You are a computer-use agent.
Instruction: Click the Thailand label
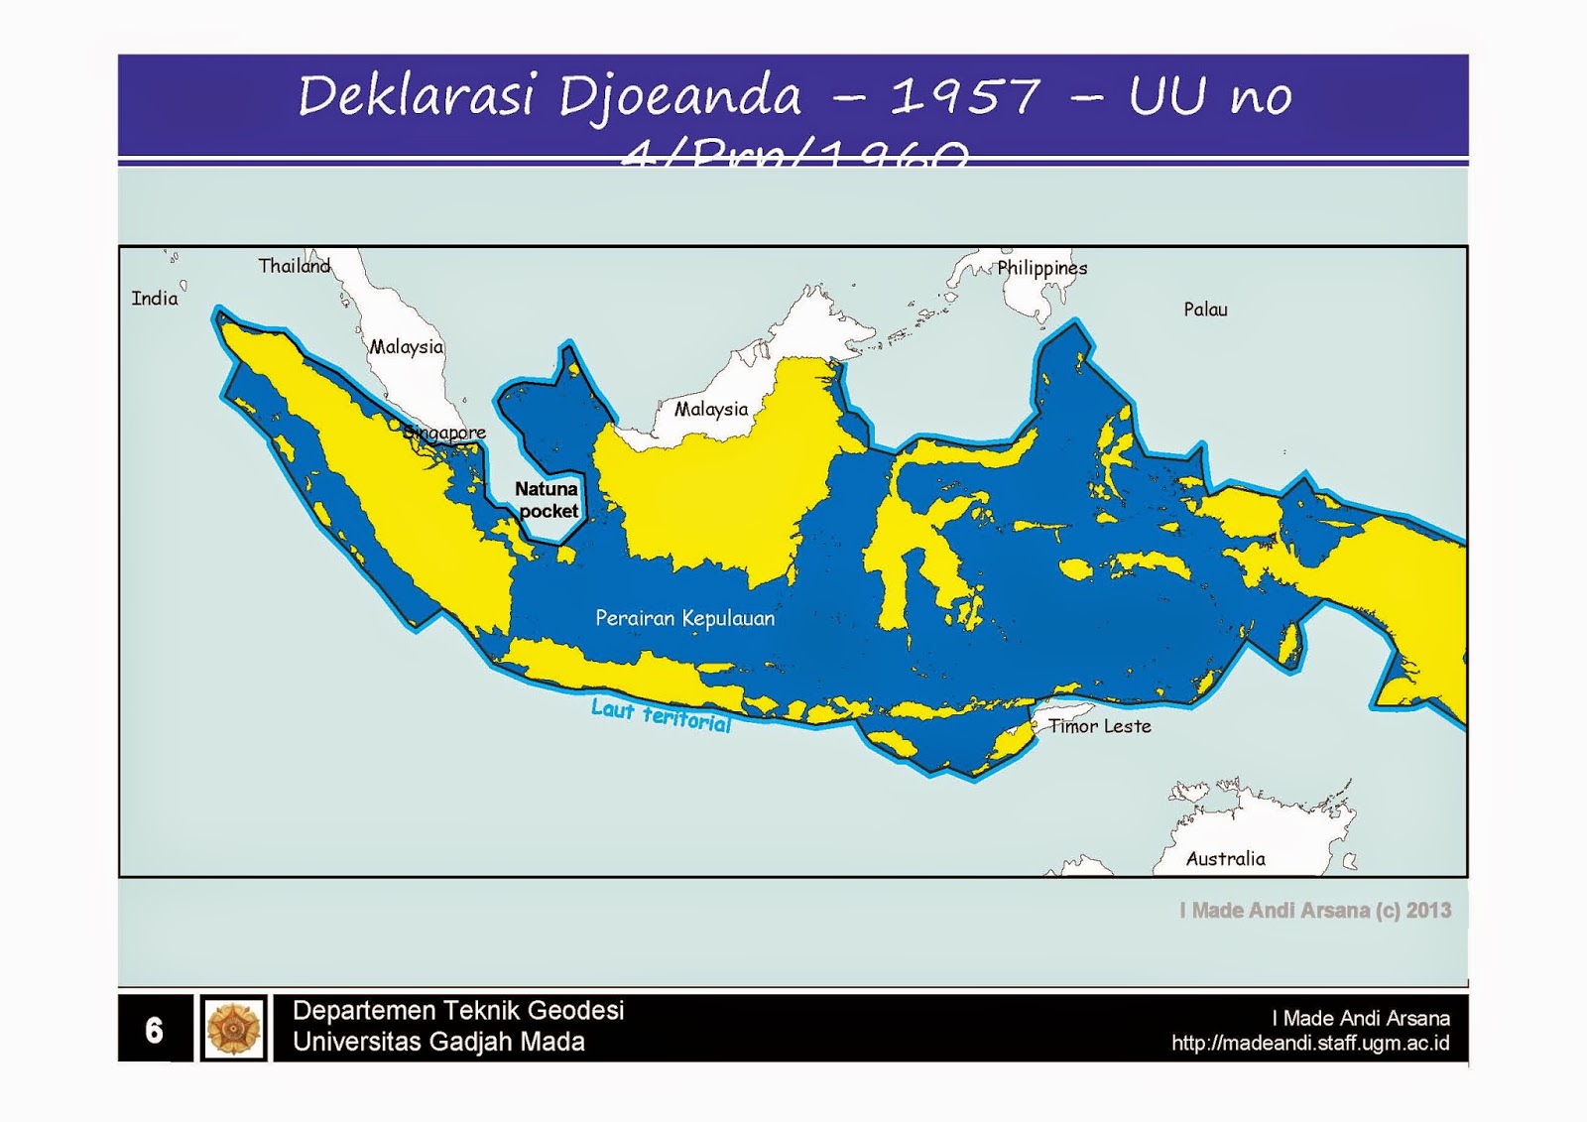[294, 266]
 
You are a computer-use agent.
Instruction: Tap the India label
[155, 299]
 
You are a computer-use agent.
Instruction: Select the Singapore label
[445, 433]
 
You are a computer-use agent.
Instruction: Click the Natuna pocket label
[547, 500]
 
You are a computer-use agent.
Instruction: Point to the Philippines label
[1041, 268]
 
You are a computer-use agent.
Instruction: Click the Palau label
[1205, 310]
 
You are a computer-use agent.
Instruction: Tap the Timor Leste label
[1100, 726]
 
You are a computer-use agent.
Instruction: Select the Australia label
[1225, 859]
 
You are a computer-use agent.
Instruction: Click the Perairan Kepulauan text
[684, 618]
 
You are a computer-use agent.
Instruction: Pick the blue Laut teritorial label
[661, 715]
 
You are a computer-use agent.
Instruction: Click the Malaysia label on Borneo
[711, 409]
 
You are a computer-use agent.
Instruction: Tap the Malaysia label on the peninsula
[407, 347]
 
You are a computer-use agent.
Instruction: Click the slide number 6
[154, 1030]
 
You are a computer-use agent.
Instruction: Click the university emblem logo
[233, 1029]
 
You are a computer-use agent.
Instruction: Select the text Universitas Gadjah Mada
[438, 1043]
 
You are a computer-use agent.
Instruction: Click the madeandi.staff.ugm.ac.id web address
[1309, 1044]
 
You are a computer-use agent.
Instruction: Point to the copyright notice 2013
[1315, 911]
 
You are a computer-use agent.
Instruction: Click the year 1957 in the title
[964, 96]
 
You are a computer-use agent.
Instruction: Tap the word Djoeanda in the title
[679, 96]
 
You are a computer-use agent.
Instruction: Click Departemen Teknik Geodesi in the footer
[458, 1011]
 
